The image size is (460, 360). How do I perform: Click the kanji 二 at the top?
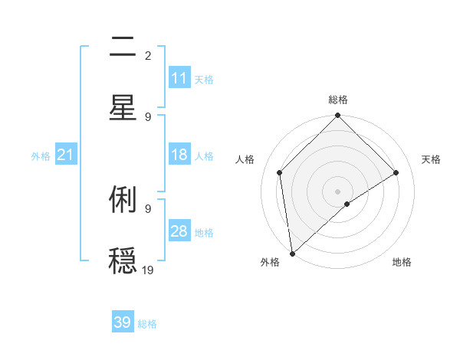pyautogui.click(x=123, y=48)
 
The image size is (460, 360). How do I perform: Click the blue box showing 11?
pyautogui.click(x=179, y=78)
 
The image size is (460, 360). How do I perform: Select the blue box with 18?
pyautogui.click(x=179, y=155)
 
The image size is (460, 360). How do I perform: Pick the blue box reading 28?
pyautogui.click(x=179, y=231)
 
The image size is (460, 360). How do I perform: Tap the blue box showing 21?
pyautogui.click(x=66, y=155)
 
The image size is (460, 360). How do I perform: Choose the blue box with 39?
pyautogui.click(x=123, y=322)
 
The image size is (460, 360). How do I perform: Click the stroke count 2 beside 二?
pyautogui.click(x=148, y=55)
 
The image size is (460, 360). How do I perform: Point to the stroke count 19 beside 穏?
pyautogui.click(x=148, y=269)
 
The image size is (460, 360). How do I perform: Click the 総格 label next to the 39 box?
pyautogui.click(x=148, y=324)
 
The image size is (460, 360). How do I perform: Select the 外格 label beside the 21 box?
pyautogui.click(x=41, y=156)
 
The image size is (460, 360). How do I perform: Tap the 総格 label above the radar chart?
pyautogui.click(x=338, y=100)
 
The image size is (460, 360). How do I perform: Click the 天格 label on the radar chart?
pyautogui.click(x=432, y=159)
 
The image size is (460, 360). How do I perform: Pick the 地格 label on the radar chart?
pyautogui.click(x=402, y=263)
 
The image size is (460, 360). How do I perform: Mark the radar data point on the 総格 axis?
pyautogui.click(x=338, y=116)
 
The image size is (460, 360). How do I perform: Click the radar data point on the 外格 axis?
pyautogui.click(x=292, y=254)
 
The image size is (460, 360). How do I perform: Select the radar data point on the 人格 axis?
pyautogui.click(x=280, y=172)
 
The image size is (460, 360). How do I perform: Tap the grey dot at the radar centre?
pyautogui.click(x=338, y=191)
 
